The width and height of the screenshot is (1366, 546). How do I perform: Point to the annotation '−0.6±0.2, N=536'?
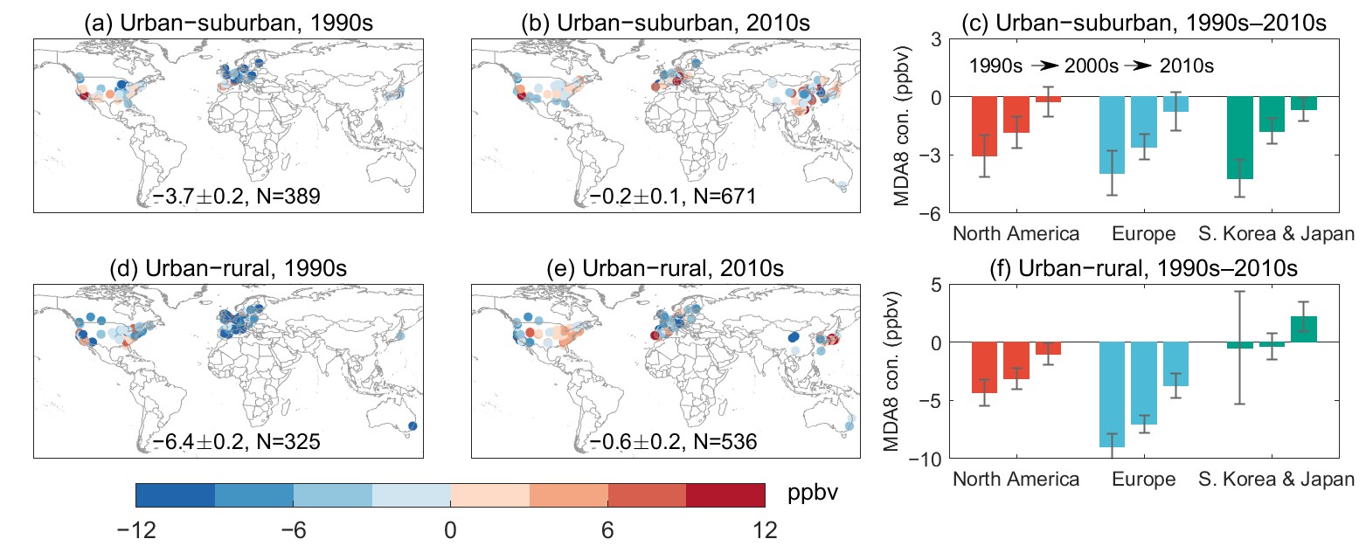(x=667, y=441)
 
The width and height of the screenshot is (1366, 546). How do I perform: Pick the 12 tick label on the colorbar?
(x=765, y=529)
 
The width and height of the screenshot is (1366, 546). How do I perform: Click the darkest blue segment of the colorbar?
(x=175, y=495)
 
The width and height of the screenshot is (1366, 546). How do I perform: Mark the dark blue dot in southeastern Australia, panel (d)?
(x=413, y=426)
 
